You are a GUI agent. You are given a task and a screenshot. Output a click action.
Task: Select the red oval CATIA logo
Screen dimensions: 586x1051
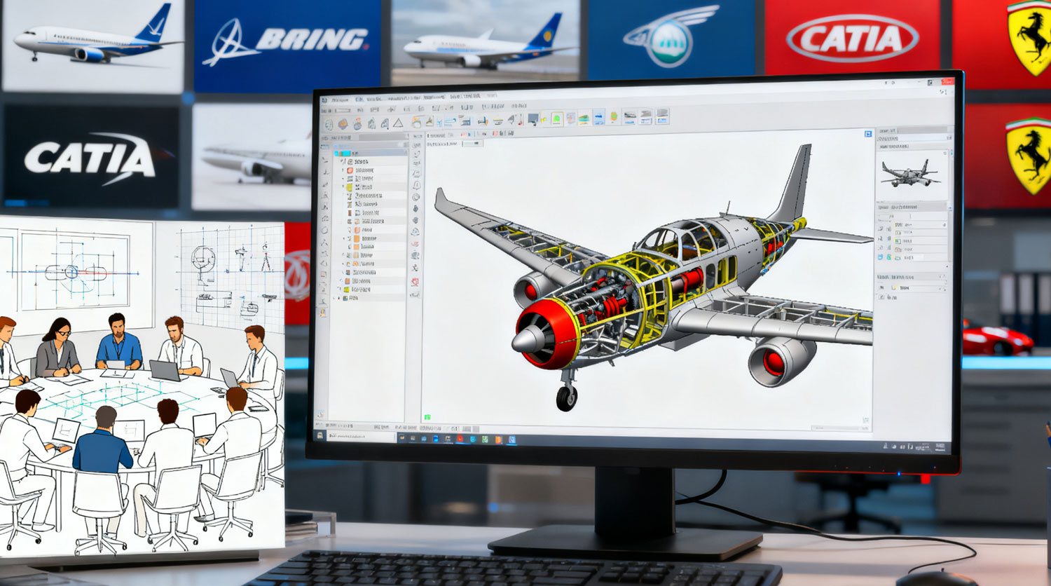point(852,39)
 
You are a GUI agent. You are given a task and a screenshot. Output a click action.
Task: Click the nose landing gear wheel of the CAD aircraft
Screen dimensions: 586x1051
point(566,397)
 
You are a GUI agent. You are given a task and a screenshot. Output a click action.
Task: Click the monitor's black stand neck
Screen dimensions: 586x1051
point(634,501)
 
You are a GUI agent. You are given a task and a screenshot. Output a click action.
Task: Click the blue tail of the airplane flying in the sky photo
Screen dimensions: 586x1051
point(155,25)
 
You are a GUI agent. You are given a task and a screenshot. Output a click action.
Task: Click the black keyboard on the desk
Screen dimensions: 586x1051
point(511,569)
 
